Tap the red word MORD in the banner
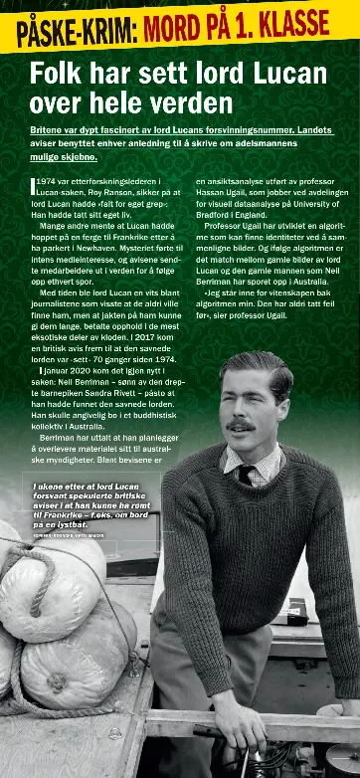pyautogui.click(x=184, y=29)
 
